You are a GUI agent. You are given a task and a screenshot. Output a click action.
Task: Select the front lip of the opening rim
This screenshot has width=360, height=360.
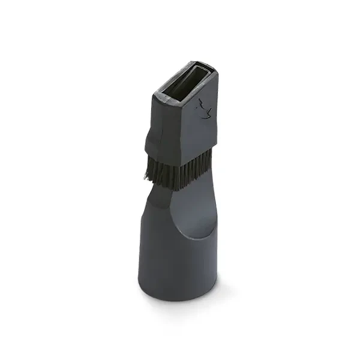click(x=174, y=100)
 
